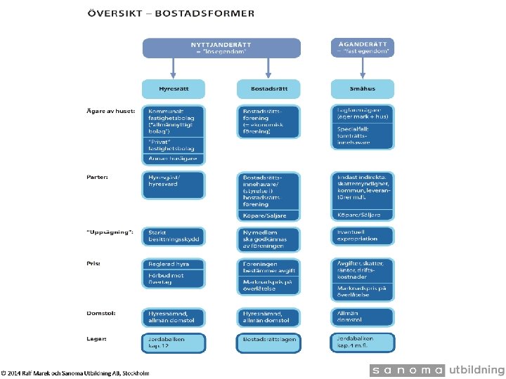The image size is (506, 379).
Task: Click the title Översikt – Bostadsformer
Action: tap(171, 13)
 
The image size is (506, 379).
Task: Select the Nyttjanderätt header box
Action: tap(221, 48)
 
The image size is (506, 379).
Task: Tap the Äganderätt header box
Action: tap(362, 47)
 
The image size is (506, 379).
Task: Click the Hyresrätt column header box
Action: tap(174, 89)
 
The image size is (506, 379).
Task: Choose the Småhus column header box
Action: tap(362, 89)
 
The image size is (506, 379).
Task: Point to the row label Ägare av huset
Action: tap(105, 111)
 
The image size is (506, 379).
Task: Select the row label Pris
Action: tap(93, 264)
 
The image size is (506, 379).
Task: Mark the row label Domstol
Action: tap(100, 313)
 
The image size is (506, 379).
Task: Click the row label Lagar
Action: tap(97, 338)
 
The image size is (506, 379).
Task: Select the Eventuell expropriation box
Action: tap(362, 235)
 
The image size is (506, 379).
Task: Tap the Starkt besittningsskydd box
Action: tap(174, 236)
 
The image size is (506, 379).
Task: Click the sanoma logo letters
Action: tap(408, 371)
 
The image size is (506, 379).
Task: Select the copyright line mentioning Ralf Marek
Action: tap(75, 373)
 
